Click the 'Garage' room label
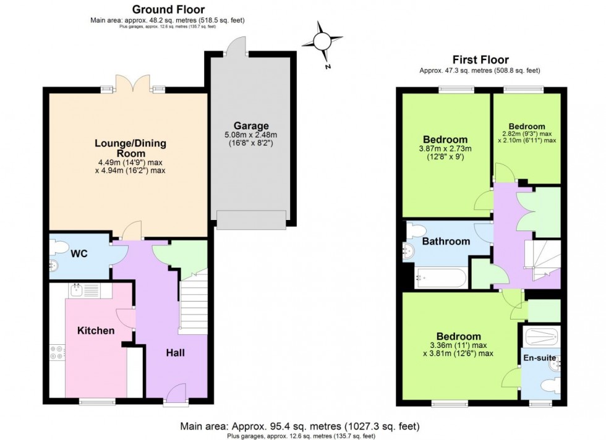click(x=250, y=125)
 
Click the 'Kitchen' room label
click(x=95, y=331)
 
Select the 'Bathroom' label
click(x=446, y=241)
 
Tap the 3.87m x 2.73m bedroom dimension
click(x=445, y=149)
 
